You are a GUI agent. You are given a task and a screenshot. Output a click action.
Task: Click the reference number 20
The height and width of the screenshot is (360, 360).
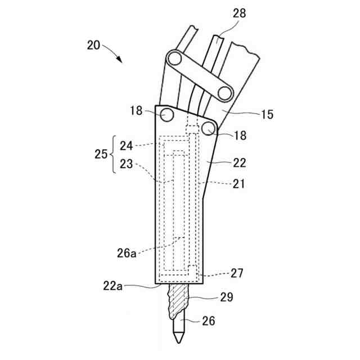click(94, 45)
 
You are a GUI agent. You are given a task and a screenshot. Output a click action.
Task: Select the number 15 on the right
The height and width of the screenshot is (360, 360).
click(267, 115)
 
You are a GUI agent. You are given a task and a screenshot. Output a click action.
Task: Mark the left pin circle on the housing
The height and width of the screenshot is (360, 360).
click(166, 115)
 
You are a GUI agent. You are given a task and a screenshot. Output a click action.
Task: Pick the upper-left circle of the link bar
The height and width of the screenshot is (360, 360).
click(174, 58)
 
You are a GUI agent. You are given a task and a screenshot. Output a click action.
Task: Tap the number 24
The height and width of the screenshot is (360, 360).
click(127, 145)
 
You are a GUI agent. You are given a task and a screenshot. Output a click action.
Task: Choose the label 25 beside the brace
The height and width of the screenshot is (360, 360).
click(101, 154)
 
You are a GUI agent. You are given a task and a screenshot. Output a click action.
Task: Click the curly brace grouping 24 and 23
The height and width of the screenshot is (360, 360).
click(114, 154)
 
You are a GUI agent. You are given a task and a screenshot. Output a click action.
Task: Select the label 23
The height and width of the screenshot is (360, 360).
click(127, 164)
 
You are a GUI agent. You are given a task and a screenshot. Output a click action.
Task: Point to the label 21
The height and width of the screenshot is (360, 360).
click(239, 184)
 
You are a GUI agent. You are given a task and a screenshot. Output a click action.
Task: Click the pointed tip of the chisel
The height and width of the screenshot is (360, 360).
click(178, 341)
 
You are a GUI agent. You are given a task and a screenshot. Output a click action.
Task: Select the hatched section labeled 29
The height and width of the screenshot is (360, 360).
click(178, 301)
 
